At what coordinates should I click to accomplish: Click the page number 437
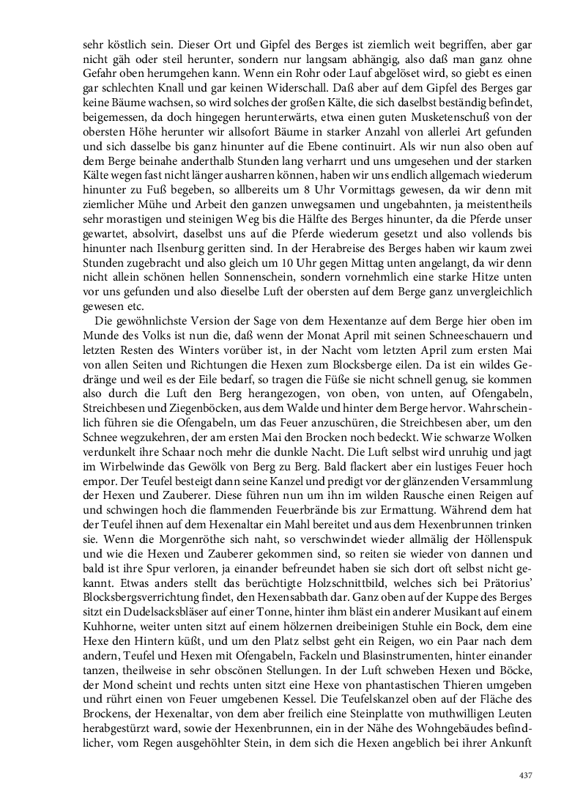(525, 775)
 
